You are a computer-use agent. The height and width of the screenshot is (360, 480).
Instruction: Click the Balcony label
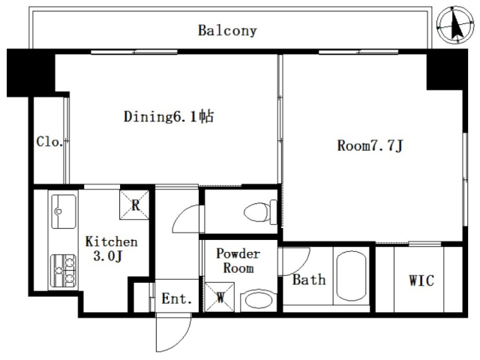(227, 31)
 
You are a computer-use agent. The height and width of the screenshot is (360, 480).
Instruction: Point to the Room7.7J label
(370, 145)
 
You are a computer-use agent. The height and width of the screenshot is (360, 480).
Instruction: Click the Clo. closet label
(49, 142)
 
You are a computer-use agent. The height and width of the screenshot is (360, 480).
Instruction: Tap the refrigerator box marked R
(134, 205)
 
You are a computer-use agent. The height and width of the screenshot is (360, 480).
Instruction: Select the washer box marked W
(220, 297)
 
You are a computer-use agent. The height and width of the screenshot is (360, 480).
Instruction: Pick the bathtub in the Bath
(351, 276)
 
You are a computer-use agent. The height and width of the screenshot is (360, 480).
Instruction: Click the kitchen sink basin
(64, 211)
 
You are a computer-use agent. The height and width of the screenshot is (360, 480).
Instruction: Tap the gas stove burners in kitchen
(64, 271)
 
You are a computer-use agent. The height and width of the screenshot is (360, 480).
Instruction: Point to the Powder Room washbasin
(259, 301)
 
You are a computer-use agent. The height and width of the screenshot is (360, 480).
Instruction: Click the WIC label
(421, 280)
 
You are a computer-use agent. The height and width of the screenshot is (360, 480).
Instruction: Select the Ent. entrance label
(177, 298)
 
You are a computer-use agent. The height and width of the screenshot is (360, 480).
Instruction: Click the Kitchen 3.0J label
(111, 248)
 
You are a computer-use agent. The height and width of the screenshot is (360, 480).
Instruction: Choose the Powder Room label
(238, 261)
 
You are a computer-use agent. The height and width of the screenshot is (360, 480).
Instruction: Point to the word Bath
(309, 280)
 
